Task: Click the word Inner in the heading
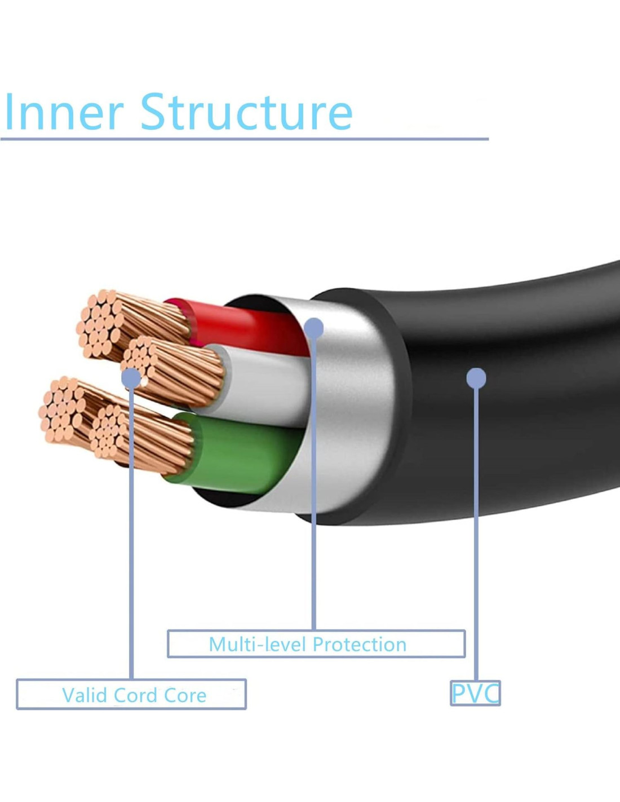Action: pyautogui.click(x=63, y=112)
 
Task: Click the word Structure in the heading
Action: pyautogui.click(x=246, y=112)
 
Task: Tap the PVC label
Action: pyautogui.click(x=475, y=693)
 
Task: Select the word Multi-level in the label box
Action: pyautogui.click(x=258, y=644)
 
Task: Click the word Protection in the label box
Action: pyautogui.click(x=359, y=644)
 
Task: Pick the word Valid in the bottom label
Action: pyautogui.click(x=85, y=695)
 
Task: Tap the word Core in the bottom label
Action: pyautogui.click(x=184, y=695)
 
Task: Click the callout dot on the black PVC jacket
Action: pyautogui.click(x=476, y=378)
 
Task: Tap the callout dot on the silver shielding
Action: pyautogui.click(x=314, y=327)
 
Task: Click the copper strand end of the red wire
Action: pyautogui.click(x=100, y=324)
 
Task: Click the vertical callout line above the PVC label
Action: pyautogui.click(x=476, y=536)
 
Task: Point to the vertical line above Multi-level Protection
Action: pyautogui.click(x=313, y=508)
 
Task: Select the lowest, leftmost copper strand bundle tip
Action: pyautogui.click(x=61, y=409)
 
